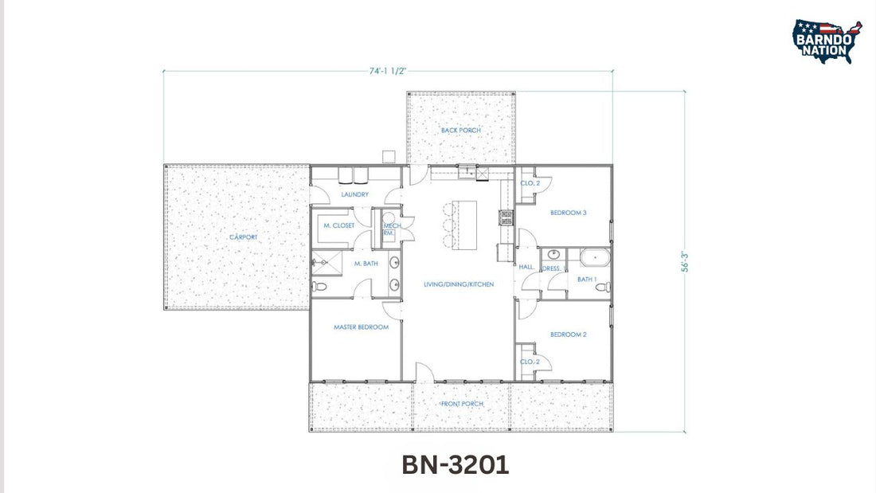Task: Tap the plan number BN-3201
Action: pos(455,464)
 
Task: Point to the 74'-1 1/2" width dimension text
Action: pos(388,71)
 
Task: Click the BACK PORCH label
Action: pos(460,130)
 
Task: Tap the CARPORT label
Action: pos(243,237)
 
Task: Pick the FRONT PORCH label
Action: pos(462,404)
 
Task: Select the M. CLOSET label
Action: pos(338,226)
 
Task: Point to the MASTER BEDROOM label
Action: pos(361,327)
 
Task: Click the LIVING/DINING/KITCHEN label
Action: pos(458,284)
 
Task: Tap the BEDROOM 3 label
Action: pos(568,213)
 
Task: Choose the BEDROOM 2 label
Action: pos(568,335)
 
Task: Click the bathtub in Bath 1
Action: pos(594,256)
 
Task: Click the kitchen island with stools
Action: pos(464,225)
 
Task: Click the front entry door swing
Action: pos(424,371)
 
